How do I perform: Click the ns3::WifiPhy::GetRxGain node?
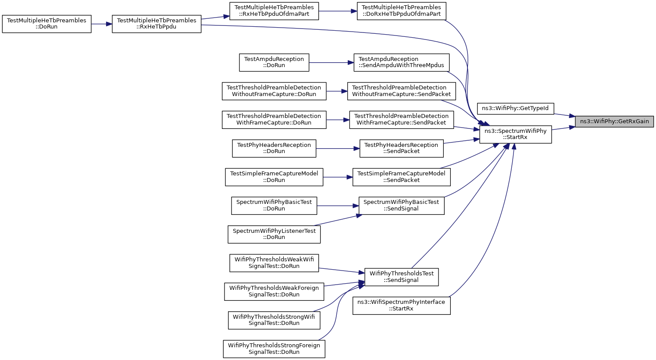(x=614, y=121)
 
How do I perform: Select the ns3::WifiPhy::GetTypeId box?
(x=515, y=108)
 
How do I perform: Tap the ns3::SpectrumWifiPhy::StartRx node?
(x=515, y=135)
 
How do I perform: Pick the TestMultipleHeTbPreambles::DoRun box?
(x=46, y=24)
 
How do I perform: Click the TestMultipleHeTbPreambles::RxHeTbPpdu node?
(x=157, y=24)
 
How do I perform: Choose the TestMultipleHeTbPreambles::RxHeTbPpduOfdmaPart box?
(x=274, y=11)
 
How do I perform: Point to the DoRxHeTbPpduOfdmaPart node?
(x=402, y=11)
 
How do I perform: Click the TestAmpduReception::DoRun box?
(x=274, y=62)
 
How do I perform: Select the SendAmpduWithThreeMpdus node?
(x=402, y=62)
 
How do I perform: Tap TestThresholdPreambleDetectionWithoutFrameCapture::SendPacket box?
(x=402, y=91)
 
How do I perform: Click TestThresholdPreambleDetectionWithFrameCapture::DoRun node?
(x=274, y=120)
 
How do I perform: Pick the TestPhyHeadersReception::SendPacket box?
(x=402, y=149)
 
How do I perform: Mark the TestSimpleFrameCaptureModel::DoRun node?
(x=274, y=177)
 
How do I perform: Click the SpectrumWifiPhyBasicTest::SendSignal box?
(x=402, y=206)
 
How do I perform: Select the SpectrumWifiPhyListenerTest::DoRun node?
(x=274, y=234)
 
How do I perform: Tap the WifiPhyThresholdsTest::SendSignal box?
(x=402, y=277)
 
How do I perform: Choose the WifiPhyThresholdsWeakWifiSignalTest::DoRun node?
(x=274, y=263)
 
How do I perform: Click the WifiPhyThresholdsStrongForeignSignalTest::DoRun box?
(x=274, y=349)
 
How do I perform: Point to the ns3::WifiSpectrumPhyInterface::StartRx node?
(x=402, y=306)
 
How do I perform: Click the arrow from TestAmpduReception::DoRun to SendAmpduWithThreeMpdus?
(x=331, y=62)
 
